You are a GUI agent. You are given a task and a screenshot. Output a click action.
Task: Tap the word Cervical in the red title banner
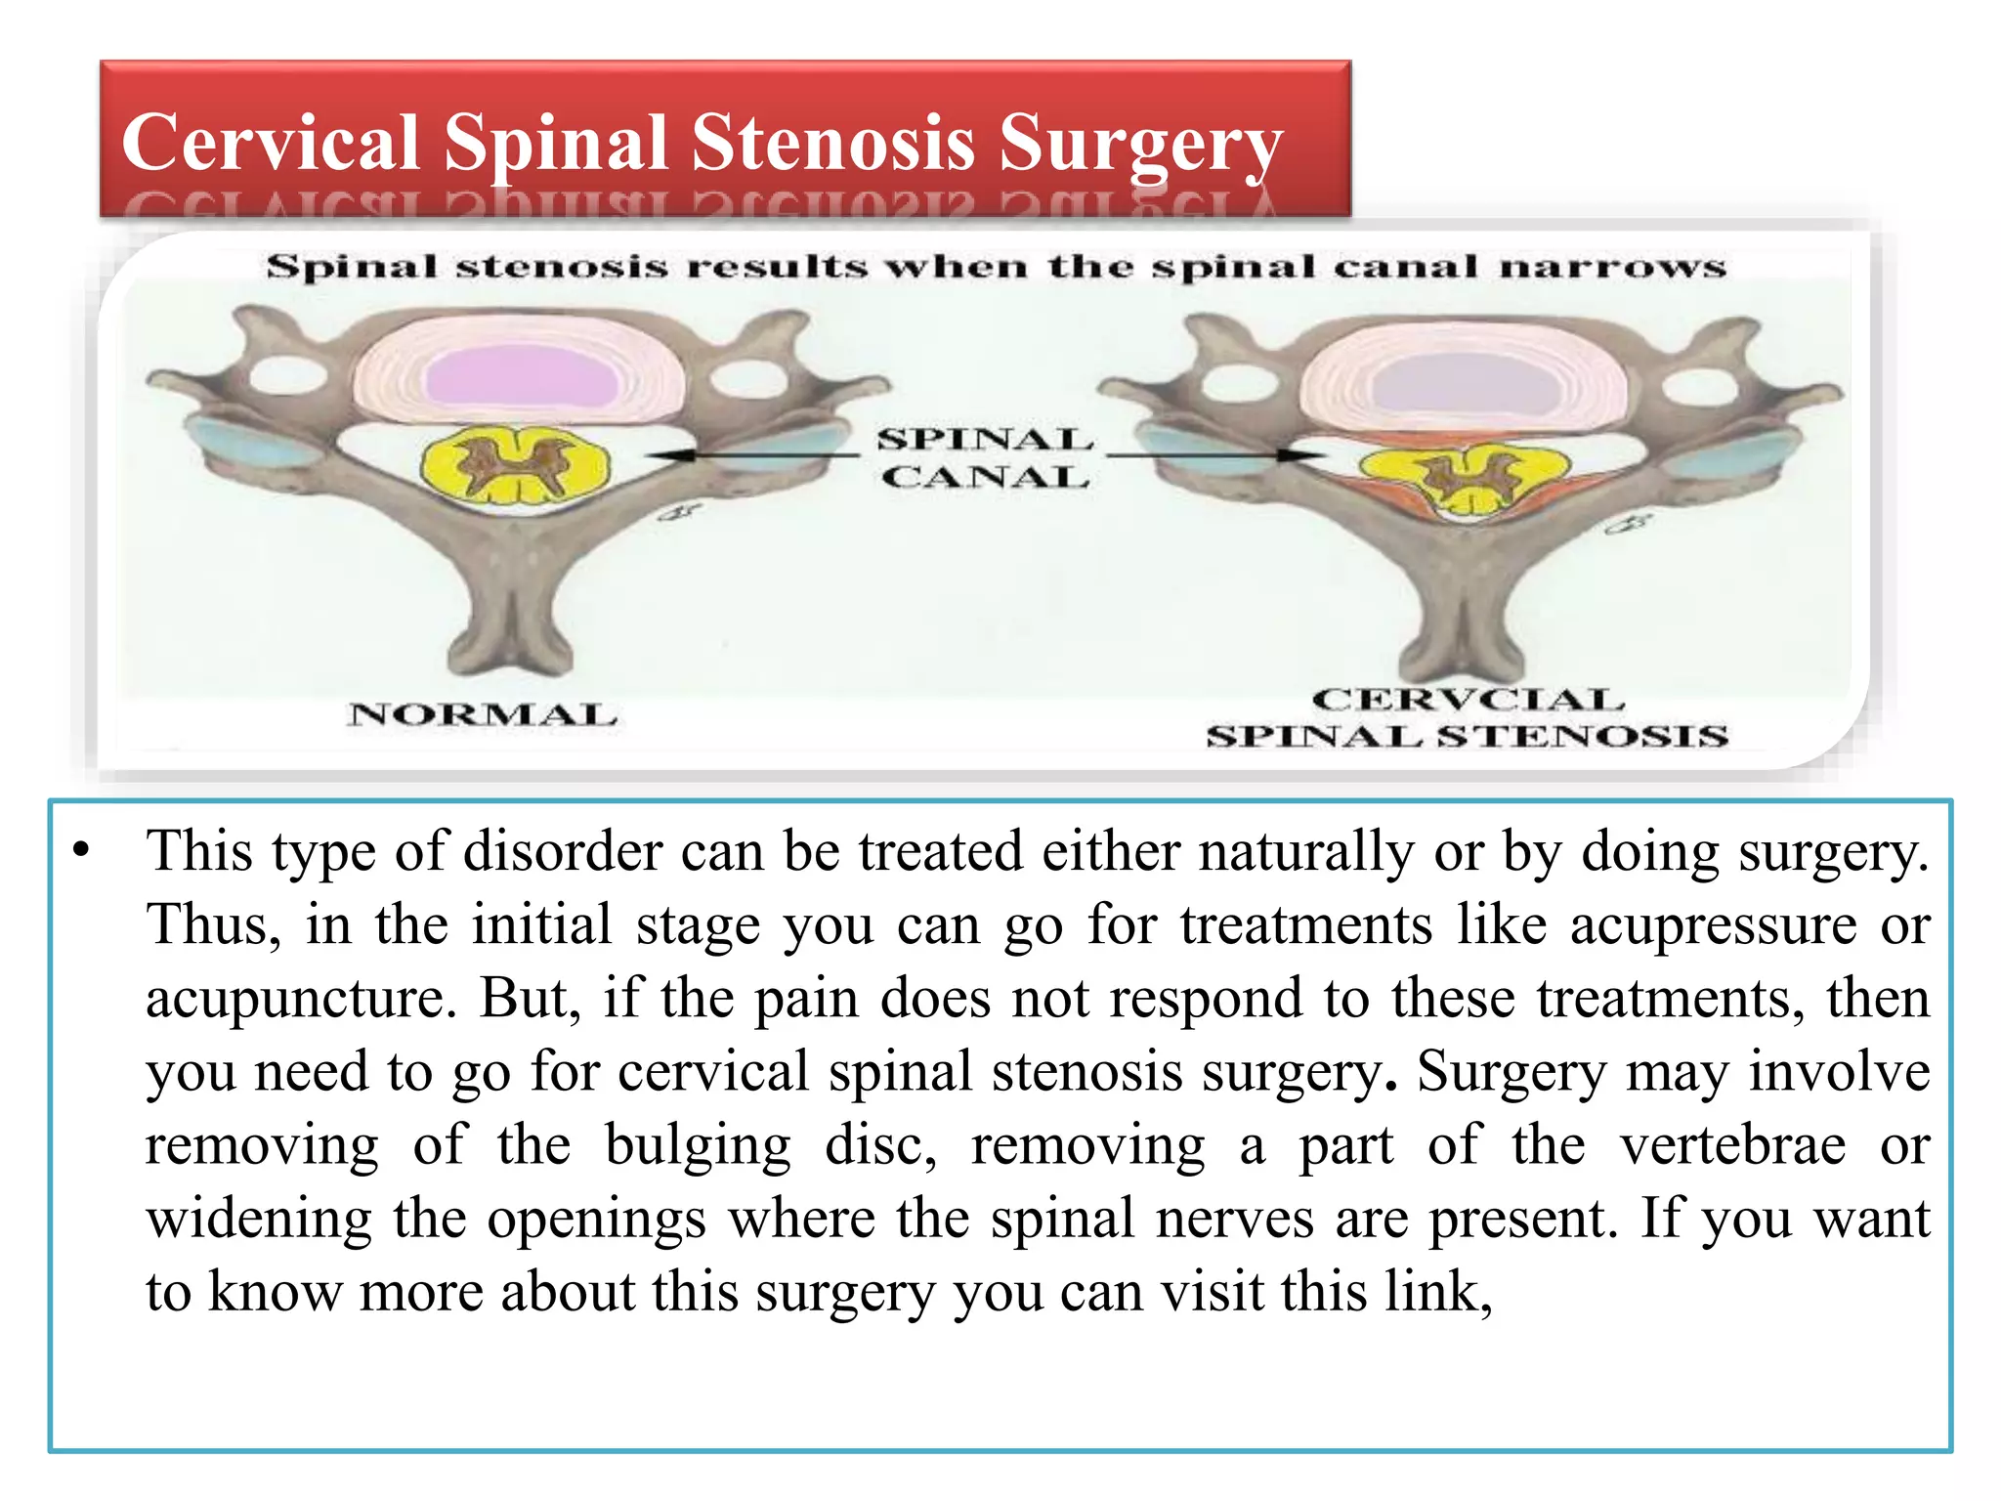pyautogui.click(x=271, y=143)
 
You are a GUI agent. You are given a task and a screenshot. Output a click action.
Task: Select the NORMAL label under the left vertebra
pyautogui.click(x=483, y=714)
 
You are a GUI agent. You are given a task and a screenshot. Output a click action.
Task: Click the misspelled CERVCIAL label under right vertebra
pyautogui.click(x=1468, y=700)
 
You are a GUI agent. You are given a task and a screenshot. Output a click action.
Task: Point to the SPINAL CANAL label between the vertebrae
pyautogui.click(x=984, y=457)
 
